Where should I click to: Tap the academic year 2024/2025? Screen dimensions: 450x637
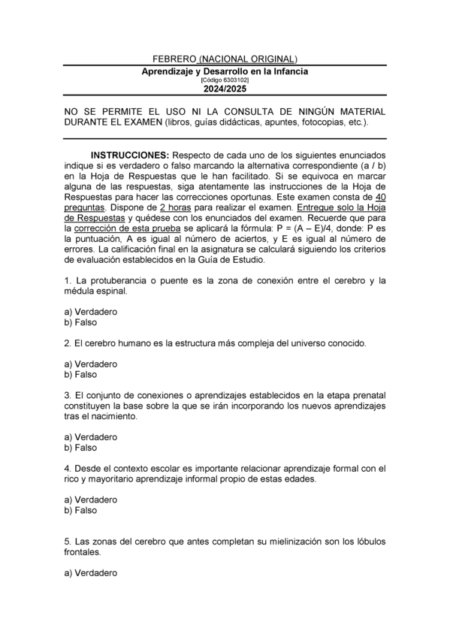pos(225,89)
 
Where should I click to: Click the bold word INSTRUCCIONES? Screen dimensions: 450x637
pos(129,155)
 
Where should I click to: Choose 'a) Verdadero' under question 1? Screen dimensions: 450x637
pos(90,312)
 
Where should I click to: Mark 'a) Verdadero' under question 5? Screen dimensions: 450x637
pos(90,573)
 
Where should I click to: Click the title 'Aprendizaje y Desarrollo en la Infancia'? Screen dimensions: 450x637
pos(225,71)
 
